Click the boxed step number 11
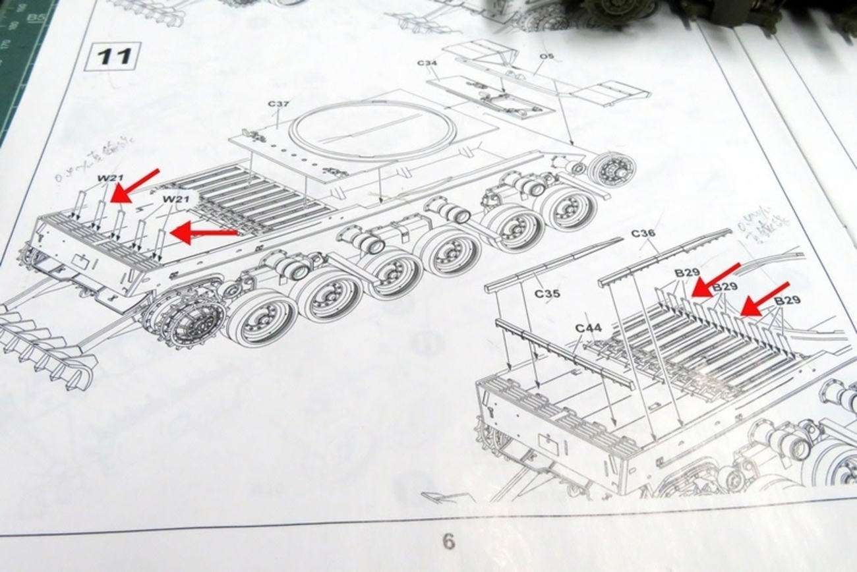112,57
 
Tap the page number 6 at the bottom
448,542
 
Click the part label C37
279,105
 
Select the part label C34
427,63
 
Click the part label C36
643,233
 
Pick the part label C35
547,293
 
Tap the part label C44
588,328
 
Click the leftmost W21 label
110,178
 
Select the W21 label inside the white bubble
176,199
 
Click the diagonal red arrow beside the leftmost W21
135,185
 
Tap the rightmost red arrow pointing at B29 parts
764,298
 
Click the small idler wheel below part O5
611,169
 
